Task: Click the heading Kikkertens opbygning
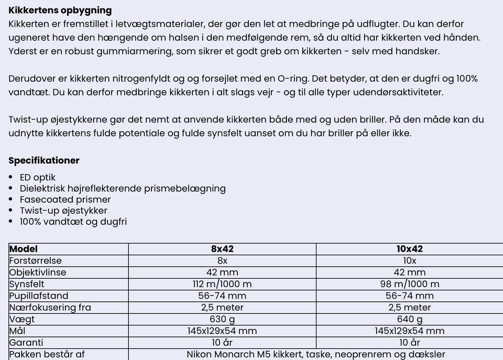pos(60,10)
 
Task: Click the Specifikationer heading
pos(44,160)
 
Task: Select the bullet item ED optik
pos(37,177)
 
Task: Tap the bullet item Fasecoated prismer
pos(65,199)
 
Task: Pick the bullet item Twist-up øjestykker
pos(63,211)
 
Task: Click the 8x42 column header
pos(222,249)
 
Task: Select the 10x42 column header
pos(409,249)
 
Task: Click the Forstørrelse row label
pos(35,260)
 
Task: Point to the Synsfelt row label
pos(27,284)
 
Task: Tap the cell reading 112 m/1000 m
pos(222,284)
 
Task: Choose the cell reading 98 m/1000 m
pos(409,284)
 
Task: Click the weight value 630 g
pos(222,319)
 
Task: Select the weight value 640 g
pos(409,319)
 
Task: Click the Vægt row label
pos(21,319)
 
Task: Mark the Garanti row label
pos(26,343)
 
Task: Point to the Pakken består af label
pos(47,354)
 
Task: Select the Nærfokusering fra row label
pos(50,308)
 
